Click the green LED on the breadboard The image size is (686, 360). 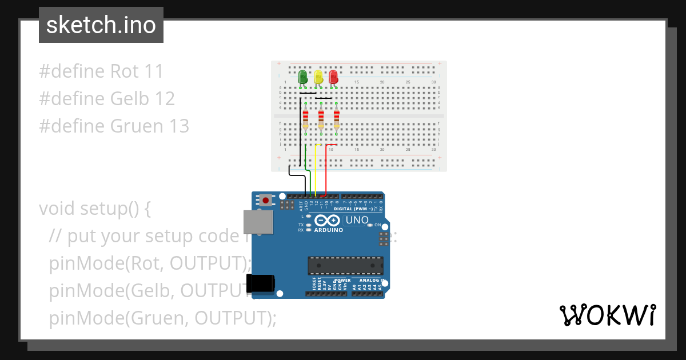(x=303, y=76)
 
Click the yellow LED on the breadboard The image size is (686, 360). (x=318, y=77)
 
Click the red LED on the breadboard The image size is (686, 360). (x=334, y=77)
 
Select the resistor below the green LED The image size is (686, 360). (x=305, y=119)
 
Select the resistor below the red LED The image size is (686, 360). (x=336, y=119)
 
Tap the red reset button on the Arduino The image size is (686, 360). (x=266, y=200)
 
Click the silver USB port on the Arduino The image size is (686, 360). (x=258, y=222)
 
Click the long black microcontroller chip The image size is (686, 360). (x=345, y=266)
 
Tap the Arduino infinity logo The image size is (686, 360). (x=328, y=221)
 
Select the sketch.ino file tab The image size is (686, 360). (x=101, y=25)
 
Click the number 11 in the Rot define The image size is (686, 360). (x=154, y=71)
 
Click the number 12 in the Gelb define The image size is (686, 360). (x=165, y=99)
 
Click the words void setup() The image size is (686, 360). (x=95, y=209)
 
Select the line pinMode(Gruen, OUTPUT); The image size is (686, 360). (x=162, y=318)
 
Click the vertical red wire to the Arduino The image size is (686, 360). (x=326, y=171)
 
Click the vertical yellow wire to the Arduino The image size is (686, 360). (x=316, y=171)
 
